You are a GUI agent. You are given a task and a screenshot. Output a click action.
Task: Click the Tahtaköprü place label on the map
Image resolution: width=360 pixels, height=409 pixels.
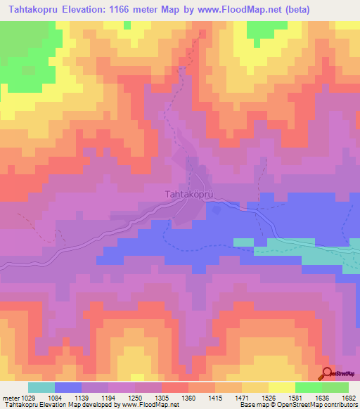coord(188,193)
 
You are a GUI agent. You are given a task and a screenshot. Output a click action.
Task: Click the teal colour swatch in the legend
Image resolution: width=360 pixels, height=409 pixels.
coord(41,387)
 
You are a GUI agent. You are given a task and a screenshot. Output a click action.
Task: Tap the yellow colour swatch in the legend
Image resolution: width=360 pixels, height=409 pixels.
coord(281,387)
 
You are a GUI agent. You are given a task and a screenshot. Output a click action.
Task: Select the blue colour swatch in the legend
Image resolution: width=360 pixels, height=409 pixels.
coord(68,387)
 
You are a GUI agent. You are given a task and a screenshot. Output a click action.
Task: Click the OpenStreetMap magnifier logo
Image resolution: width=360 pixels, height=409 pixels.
coord(327,373)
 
